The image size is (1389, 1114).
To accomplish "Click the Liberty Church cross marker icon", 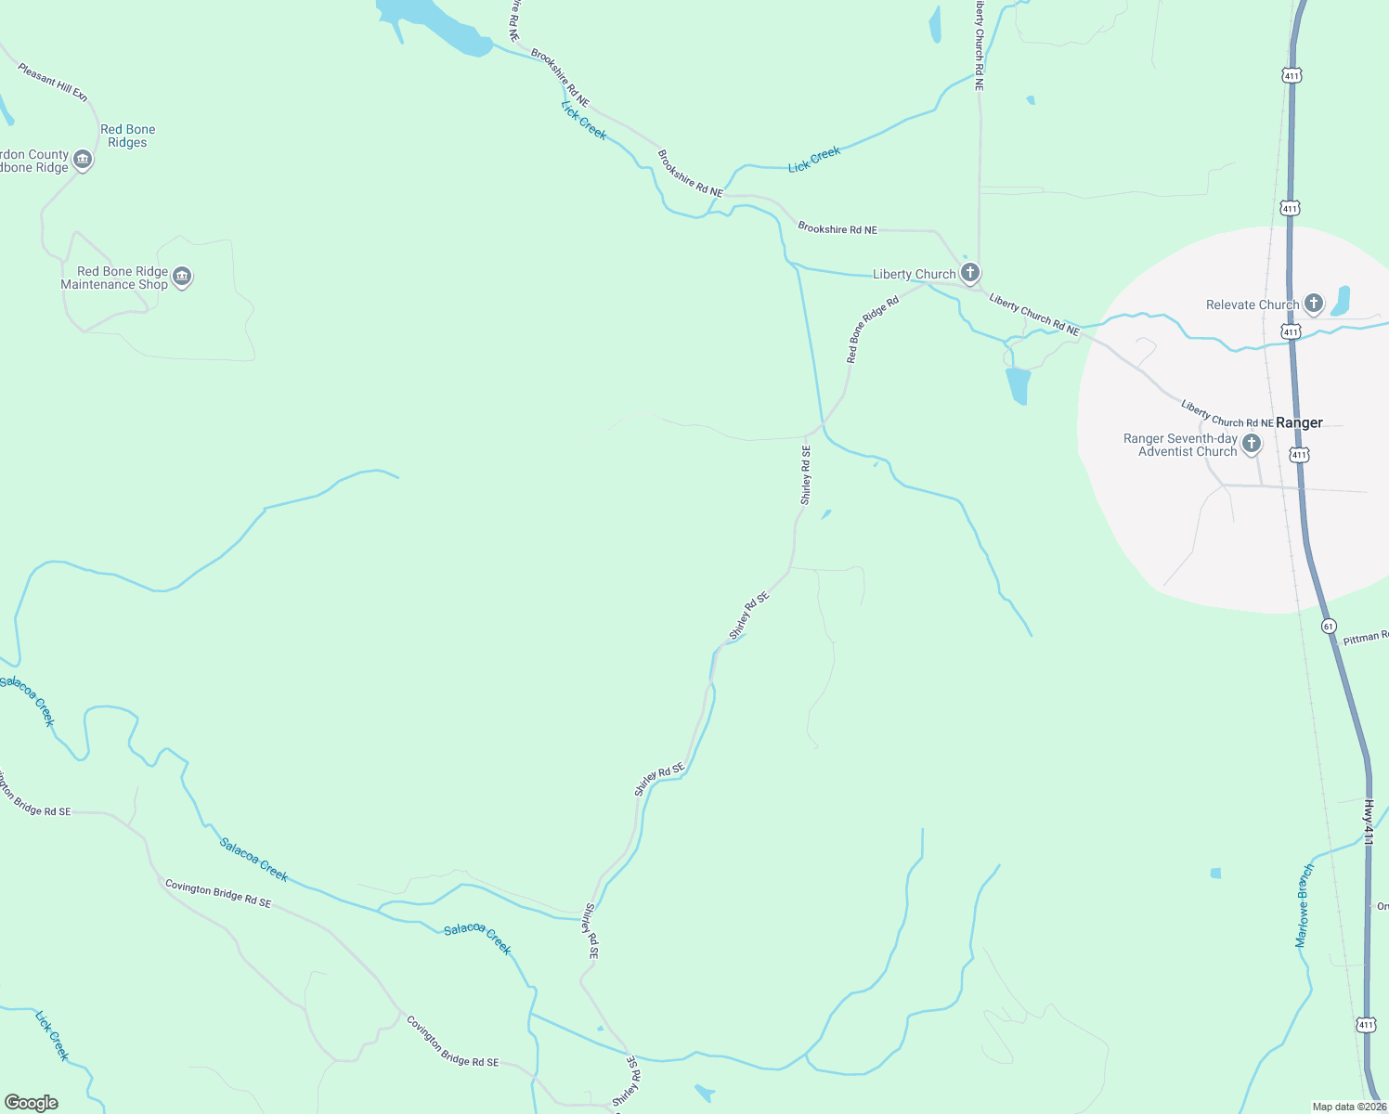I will coord(970,273).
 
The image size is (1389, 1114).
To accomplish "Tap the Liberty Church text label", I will coord(914,274).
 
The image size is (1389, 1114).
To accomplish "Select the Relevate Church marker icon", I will coord(1313,304).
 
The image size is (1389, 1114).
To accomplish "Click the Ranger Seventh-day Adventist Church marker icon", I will coord(1252,444).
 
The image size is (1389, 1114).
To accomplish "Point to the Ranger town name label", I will coord(1299,422).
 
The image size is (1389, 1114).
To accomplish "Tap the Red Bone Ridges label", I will coord(128,136).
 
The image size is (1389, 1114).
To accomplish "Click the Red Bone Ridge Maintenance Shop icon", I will coord(182,277).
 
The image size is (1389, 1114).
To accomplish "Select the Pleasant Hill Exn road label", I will coord(53,82).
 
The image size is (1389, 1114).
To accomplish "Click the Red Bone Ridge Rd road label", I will coord(873,330).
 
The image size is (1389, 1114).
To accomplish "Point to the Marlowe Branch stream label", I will coord(1305,905).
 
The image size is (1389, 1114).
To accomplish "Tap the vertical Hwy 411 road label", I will coord(1369,823).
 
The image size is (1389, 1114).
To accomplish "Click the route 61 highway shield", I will coord(1329,626).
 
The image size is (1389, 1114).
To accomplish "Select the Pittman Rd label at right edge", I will coord(1366,638).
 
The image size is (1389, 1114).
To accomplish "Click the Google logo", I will coord(32,1103).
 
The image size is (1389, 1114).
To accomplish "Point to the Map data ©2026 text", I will coord(1348,1107).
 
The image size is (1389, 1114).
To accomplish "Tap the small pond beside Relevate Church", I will coord(1340,300).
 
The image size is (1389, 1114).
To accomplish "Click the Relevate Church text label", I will coord(1252,304).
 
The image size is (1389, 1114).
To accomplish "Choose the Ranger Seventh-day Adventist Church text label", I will coord(1180,445).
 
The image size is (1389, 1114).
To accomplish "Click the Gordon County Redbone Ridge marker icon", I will coord(83,161).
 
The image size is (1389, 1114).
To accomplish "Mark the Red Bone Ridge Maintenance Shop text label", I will coord(114,278).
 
